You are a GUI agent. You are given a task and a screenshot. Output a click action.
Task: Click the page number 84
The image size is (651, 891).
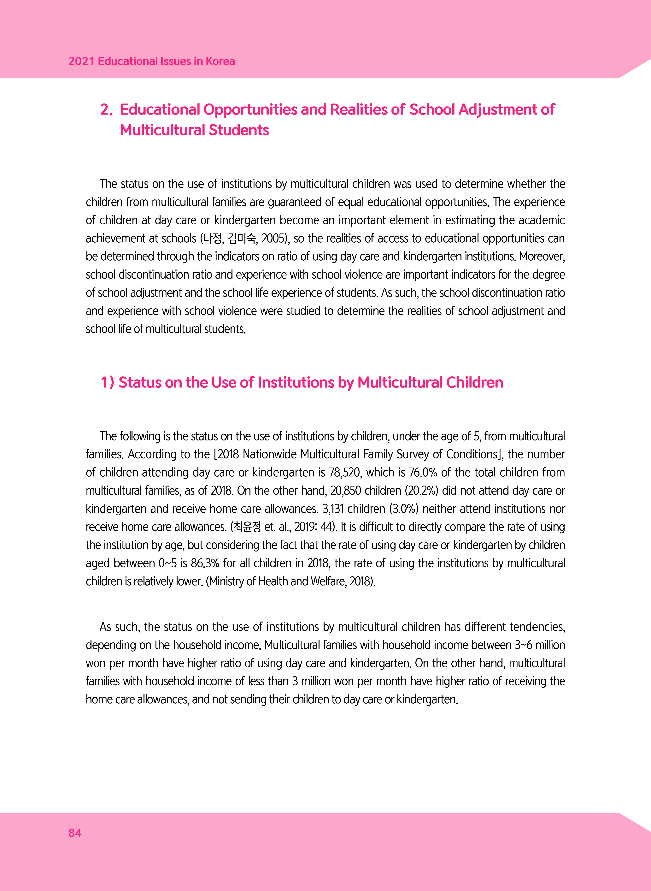[75, 833]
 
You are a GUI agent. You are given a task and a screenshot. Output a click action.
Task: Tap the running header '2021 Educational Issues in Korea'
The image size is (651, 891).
[152, 62]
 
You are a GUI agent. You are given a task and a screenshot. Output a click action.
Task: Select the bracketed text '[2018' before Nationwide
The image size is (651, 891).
[227, 454]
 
